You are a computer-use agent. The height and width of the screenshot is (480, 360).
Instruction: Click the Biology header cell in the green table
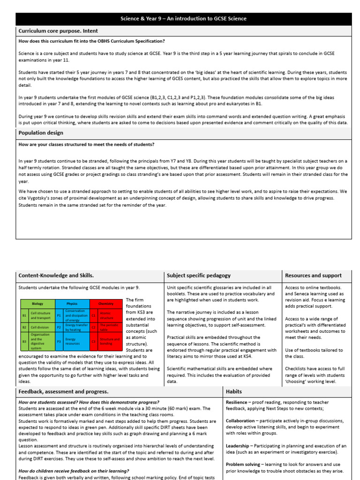coord(37,304)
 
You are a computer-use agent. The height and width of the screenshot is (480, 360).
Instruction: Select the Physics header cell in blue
coord(72,304)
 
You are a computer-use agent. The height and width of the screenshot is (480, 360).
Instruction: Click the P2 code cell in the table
coord(59,327)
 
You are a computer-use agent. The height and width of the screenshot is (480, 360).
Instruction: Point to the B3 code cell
coord(24,342)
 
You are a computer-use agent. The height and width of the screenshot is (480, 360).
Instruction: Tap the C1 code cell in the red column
coord(93,315)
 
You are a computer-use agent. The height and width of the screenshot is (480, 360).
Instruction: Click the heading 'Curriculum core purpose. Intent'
coord(58,31)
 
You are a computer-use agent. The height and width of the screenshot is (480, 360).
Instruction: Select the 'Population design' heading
coord(41,133)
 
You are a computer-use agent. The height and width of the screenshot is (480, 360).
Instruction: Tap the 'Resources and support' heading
coord(313,276)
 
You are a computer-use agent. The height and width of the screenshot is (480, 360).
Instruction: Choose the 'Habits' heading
coord(234,391)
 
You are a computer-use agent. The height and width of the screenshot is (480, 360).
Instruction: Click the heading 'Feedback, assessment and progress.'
coord(63,391)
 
